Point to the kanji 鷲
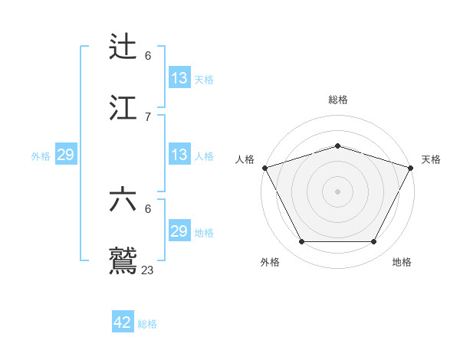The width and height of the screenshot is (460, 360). pos(124,260)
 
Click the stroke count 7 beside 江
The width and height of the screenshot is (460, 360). pos(148,116)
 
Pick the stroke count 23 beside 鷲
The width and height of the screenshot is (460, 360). pos(148,270)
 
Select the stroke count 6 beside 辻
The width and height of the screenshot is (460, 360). pos(148,55)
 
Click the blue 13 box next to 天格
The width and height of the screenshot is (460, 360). pos(179,78)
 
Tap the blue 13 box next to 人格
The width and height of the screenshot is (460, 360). pos(179,155)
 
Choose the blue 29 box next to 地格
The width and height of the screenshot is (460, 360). pos(179,231)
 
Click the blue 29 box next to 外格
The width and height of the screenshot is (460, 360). pos(65,155)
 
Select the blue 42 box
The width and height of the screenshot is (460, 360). pos(123,322)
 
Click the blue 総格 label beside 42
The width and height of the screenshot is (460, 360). pos(147,324)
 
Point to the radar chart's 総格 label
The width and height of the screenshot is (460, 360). pos(337,100)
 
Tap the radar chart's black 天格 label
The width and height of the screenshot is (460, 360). pos(431,159)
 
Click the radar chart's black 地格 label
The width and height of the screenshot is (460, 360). pos(402,263)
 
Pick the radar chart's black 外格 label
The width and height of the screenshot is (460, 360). pos(270,263)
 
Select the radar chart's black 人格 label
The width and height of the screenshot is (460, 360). pos(245,159)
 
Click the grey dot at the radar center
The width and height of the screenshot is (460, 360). pos(337,191)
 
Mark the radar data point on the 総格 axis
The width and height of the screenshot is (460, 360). pos(337,146)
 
